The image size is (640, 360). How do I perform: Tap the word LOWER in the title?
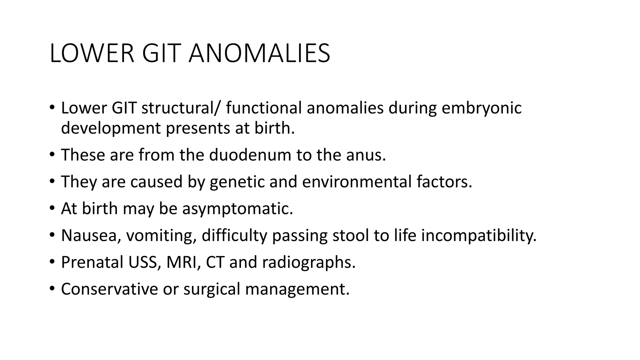(92, 54)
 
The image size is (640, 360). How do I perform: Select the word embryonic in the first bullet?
(482, 108)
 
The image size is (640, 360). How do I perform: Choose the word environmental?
(357, 182)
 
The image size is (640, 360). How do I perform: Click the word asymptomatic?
(237, 208)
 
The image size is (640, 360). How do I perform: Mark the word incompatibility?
(479, 235)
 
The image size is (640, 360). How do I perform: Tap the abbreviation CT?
(215, 262)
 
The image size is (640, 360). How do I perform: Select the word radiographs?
(309, 262)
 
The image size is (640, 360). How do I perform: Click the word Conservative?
(109, 289)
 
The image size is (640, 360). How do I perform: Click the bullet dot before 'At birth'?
(52, 208)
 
